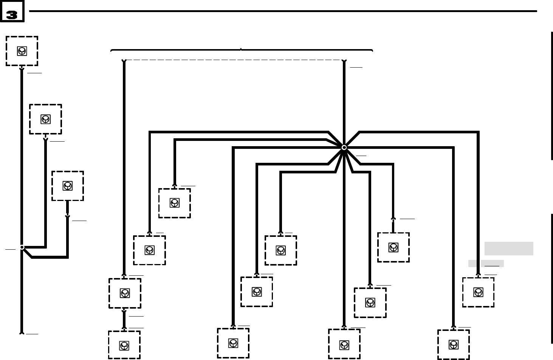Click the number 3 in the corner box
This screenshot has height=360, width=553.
pyautogui.click(x=12, y=14)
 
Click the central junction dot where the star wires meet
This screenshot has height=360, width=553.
pyautogui.click(x=344, y=147)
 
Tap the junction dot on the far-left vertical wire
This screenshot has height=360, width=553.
pyautogui.click(x=22, y=247)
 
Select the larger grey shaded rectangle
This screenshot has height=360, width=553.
pyautogui.click(x=509, y=249)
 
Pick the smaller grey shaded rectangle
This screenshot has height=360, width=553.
pyautogui.click(x=486, y=263)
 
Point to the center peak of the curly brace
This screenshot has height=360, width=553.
pyautogui.click(x=241, y=49)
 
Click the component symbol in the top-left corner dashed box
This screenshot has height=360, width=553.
pyautogui.click(x=22, y=51)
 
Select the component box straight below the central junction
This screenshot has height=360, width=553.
pyautogui.click(x=344, y=344)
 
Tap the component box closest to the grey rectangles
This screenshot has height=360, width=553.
pyautogui.click(x=478, y=292)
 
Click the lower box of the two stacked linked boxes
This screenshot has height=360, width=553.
pyautogui.click(x=124, y=345)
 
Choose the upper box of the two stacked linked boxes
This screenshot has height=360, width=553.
pyautogui.click(x=125, y=293)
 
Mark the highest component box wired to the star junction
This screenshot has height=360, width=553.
pyautogui.click(x=174, y=203)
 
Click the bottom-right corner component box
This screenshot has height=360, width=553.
pyautogui.click(x=454, y=345)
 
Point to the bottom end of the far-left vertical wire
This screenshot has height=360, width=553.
pyautogui.click(x=22, y=333)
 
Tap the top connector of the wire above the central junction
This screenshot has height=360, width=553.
pyautogui.click(x=344, y=61)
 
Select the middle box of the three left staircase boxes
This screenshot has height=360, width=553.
pyautogui.click(x=45, y=119)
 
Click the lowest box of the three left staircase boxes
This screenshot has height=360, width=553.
pyautogui.click(x=68, y=186)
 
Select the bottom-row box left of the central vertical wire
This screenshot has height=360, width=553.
pyautogui.click(x=233, y=343)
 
